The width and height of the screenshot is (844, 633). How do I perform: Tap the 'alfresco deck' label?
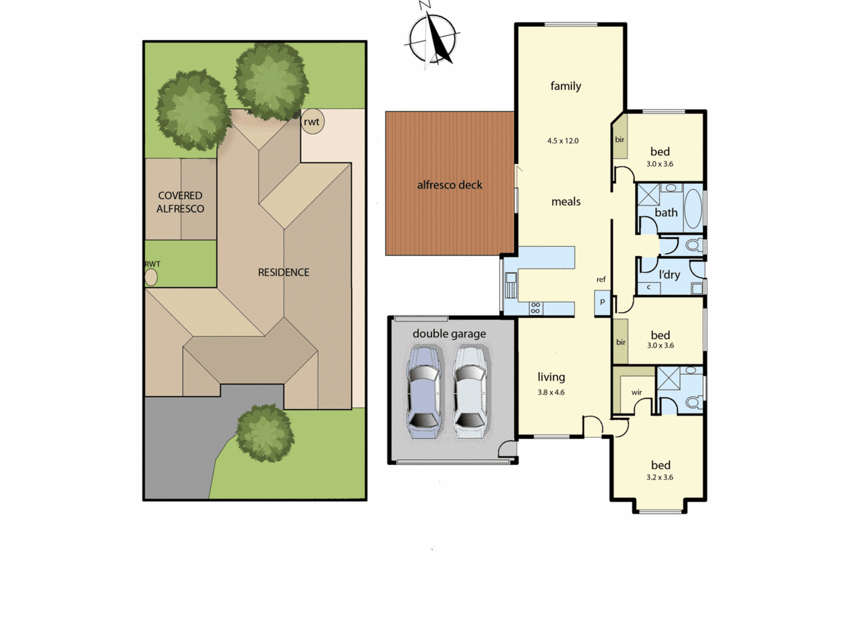[x=449, y=185]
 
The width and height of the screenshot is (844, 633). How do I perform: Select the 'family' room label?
[x=565, y=86]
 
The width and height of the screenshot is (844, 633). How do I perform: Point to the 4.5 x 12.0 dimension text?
[x=563, y=141]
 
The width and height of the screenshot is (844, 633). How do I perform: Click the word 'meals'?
[x=566, y=202]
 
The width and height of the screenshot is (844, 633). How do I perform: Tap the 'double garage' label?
[x=449, y=334]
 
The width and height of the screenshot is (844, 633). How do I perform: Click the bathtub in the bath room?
[x=693, y=208]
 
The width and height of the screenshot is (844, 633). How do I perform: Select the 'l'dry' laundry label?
[x=669, y=275]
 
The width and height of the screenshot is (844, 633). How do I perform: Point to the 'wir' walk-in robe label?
[x=636, y=392]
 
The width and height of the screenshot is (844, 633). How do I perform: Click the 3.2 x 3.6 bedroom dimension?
[x=660, y=477]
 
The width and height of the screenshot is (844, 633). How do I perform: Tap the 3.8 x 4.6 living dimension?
[x=551, y=392]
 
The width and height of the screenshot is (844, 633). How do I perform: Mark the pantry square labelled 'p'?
[x=602, y=302]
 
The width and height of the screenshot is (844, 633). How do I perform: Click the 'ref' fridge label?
[x=601, y=279]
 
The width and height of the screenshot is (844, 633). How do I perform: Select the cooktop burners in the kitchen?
[x=536, y=308]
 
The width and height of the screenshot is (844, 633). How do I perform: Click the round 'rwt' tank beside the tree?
[x=313, y=122]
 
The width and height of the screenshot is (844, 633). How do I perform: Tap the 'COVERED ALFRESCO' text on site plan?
[x=180, y=202]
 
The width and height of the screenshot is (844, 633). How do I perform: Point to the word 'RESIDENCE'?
[x=284, y=273]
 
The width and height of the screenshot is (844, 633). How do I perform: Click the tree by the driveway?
[x=265, y=433]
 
